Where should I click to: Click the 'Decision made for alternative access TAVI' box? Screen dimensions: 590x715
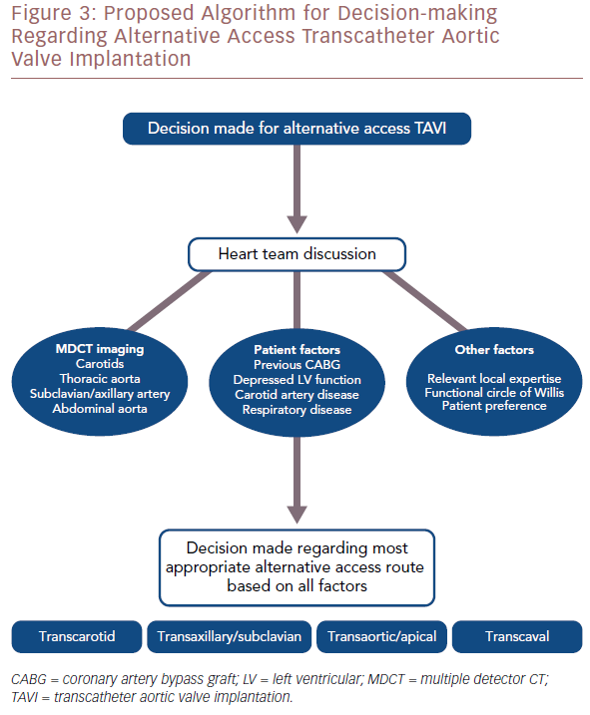296,129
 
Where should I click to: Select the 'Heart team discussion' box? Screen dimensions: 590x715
296,254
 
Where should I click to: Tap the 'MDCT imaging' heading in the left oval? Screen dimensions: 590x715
100,349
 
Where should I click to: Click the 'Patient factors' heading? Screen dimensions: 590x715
296,350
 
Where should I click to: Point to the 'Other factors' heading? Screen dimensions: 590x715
494,350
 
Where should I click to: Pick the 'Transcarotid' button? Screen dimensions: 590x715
77,636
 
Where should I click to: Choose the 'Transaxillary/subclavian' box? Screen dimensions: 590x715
230,636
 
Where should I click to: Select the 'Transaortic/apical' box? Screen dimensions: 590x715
381,636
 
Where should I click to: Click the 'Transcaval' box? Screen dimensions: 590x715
517,636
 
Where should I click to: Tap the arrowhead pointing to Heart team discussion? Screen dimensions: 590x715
296,224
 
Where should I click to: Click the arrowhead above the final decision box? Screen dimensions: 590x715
296,515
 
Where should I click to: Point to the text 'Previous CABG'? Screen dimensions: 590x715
296,365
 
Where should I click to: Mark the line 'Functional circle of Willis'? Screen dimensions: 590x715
494,393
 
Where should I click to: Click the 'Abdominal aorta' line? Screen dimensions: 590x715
100,409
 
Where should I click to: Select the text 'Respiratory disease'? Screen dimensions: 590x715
296,410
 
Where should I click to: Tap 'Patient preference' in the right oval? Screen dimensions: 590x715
494,406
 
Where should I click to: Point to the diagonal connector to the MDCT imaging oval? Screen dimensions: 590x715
170,301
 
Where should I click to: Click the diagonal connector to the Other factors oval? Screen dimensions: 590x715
424,301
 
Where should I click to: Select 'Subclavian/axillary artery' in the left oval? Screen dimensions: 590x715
100,394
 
